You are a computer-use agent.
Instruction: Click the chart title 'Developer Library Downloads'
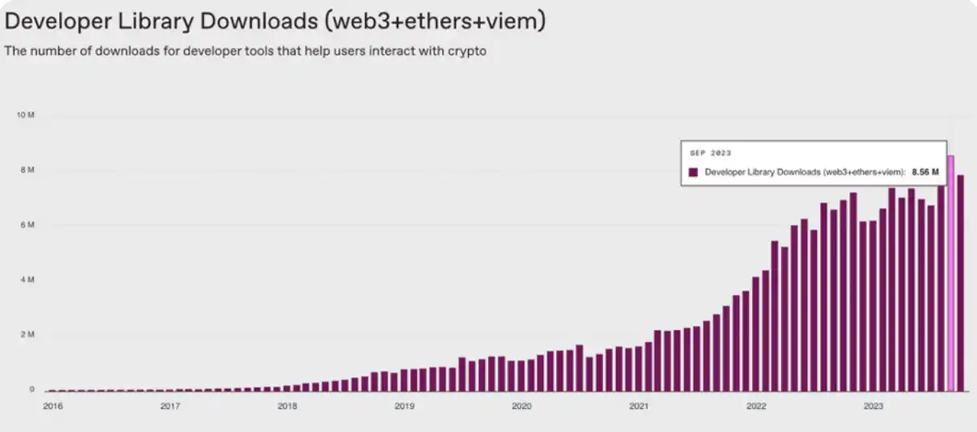275,21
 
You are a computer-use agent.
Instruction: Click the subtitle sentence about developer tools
246,51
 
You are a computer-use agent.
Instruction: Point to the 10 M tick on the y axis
25,115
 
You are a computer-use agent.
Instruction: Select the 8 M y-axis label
26,170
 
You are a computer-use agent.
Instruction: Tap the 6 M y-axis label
26,225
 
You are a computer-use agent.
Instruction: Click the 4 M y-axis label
26,280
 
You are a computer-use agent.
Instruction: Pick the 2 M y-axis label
26,334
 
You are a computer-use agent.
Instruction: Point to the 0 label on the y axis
32,390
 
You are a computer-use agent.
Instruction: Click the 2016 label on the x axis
52,406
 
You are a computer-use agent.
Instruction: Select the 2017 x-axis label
170,406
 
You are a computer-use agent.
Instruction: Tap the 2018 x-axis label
287,406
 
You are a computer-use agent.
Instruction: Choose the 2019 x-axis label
404,406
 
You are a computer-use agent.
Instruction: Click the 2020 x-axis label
522,406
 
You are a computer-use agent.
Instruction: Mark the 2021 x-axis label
639,406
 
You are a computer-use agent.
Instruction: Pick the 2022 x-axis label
756,406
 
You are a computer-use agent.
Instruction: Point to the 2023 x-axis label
873,406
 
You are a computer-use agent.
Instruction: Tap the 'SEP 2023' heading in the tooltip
711,153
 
